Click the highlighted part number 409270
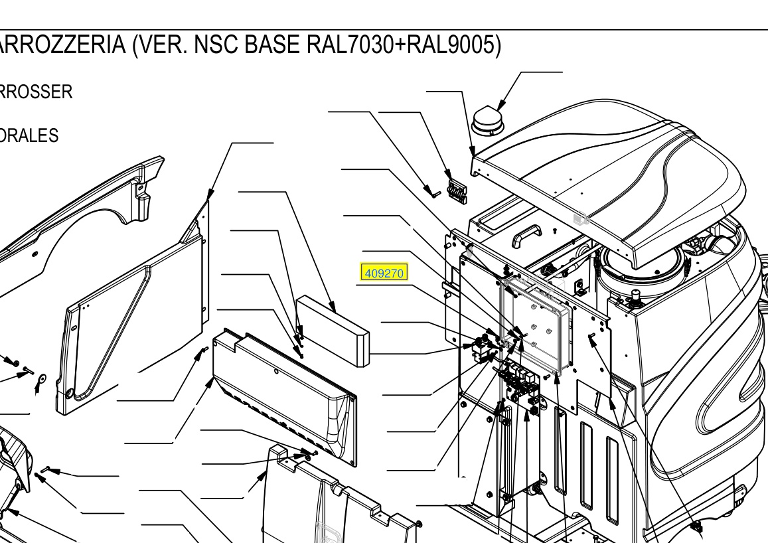[384, 273]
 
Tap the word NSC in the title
[215, 45]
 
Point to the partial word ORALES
[29, 135]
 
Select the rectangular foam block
[333, 331]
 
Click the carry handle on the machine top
[526, 235]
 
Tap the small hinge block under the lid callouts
[457, 189]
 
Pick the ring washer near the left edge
[42, 378]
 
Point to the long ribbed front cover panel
[285, 396]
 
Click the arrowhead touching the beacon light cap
[500, 105]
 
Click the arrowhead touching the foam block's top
[333, 307]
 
